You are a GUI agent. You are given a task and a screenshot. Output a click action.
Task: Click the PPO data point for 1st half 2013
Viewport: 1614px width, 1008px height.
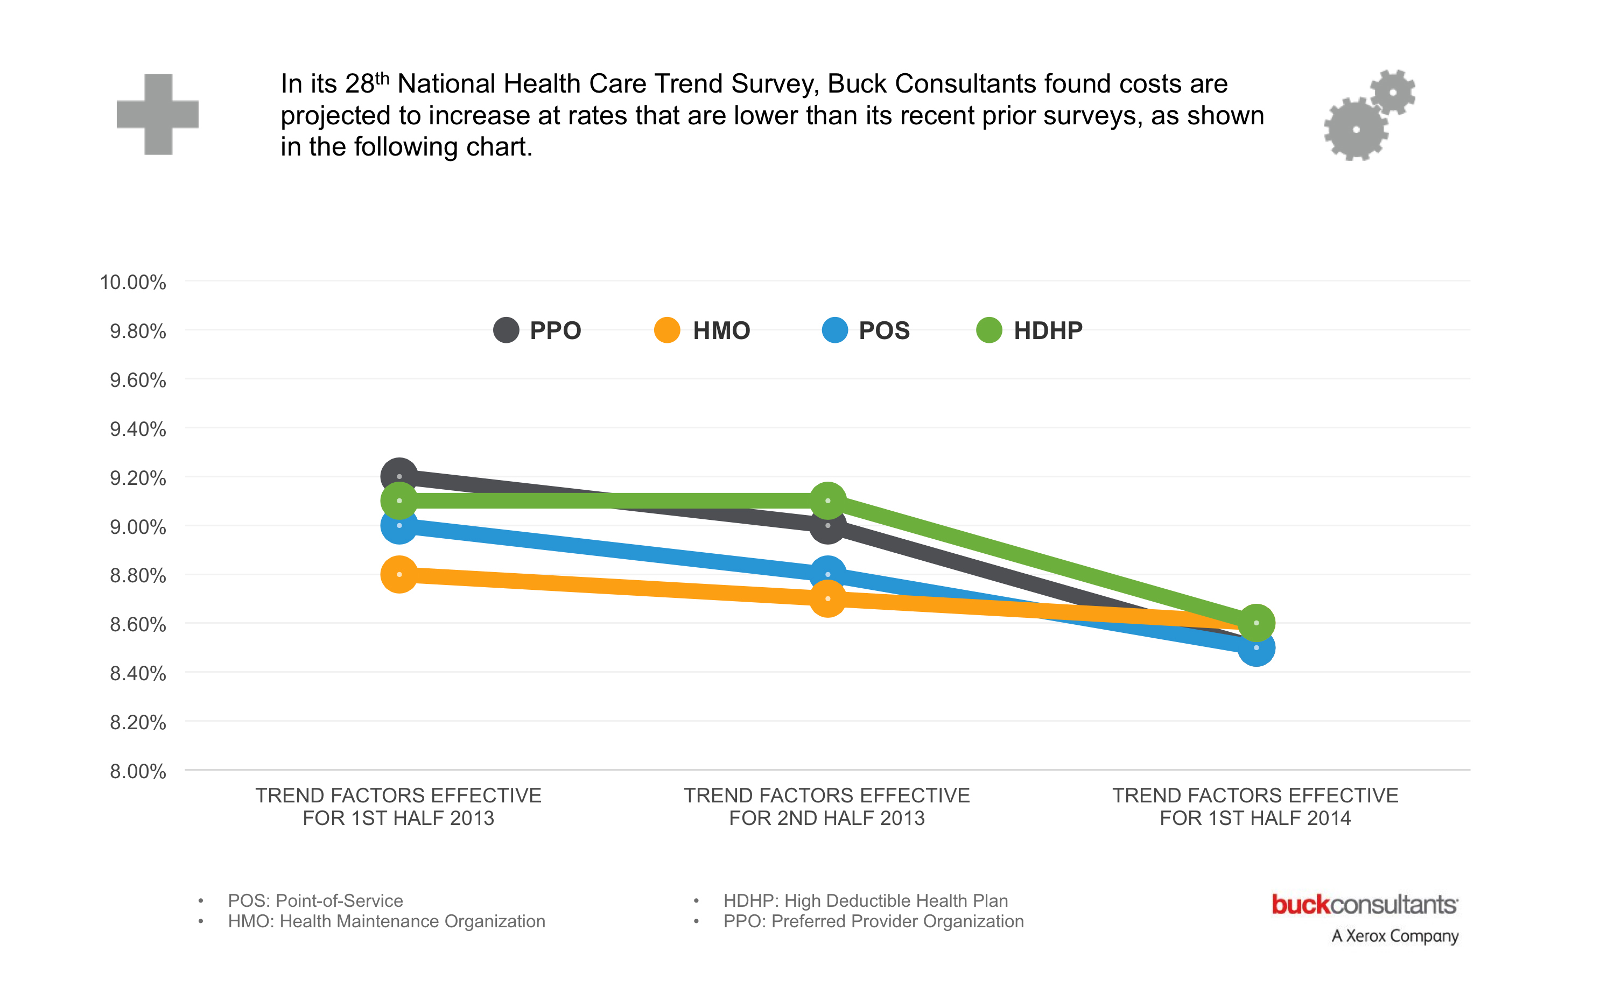tap(399, 476)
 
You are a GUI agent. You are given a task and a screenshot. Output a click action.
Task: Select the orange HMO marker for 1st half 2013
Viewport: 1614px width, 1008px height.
tap(399, 574)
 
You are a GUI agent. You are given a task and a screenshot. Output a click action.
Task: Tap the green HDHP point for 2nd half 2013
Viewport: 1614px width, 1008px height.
tap(827, 501)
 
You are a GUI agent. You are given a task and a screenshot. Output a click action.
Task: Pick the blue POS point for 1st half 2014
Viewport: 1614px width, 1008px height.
tap(1257, 647)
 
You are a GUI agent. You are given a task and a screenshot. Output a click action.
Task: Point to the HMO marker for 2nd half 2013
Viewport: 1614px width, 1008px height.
tap(827, 598)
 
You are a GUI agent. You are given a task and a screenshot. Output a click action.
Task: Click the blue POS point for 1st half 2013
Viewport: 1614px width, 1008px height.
tap(399, 525)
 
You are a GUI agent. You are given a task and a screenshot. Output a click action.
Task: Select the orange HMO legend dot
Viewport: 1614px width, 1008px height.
tap(667, 330)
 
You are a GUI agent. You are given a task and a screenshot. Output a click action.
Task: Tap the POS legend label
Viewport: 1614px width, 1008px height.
tap(883, 330)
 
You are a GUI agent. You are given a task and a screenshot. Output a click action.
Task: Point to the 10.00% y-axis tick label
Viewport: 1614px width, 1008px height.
tap(133, 282)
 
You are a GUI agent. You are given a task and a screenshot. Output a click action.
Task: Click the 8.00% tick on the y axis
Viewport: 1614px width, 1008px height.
tap(137, 771)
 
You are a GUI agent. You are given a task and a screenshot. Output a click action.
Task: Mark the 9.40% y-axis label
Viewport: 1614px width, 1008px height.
tap(137, 429)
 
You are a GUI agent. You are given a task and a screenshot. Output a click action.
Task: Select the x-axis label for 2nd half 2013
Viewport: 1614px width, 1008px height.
tap(827, 807)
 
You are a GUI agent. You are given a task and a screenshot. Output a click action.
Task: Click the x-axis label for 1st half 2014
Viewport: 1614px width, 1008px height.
tap(1255, 807)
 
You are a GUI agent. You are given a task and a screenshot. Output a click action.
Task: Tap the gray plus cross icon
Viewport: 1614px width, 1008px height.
tap(158, 114)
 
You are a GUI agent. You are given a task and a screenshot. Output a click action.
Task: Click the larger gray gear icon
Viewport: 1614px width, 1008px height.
tap(1356, 129)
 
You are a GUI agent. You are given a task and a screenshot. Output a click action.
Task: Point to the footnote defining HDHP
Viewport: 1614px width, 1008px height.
tap(865, 901)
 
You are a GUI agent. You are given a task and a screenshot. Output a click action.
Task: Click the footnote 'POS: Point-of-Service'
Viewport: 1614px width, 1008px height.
tap(315, 901)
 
